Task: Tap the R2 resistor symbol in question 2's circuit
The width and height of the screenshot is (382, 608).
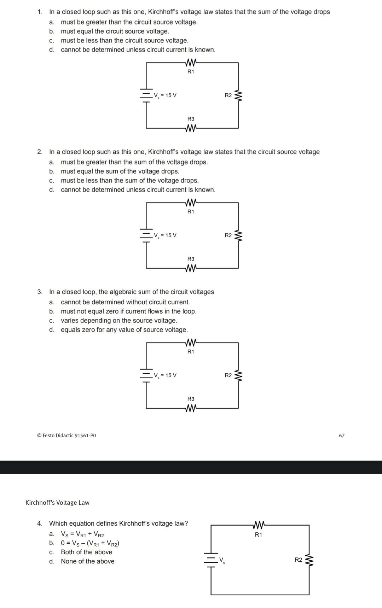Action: click(x=239, y=235)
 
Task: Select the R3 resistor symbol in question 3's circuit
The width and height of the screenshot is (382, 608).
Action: click(x=191, y=408)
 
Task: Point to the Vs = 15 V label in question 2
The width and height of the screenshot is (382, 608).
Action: click(x=165, y=235)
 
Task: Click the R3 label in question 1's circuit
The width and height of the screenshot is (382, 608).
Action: click(x=191, y=119)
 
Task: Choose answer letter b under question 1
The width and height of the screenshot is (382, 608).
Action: click(x=52, y=31)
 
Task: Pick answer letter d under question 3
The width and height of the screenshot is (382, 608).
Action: click(x=52, y=330)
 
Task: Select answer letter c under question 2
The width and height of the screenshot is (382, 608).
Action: click(x=52, y=181)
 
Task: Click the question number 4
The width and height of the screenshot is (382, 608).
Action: click(x=40, y=524)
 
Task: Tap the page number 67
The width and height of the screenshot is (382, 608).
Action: click(x=341, y=435)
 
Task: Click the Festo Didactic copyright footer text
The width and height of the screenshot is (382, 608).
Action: click(x=66, y=435)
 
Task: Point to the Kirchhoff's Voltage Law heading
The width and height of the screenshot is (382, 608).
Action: click(x=57, y=503)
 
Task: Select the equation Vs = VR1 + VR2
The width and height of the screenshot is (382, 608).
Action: click(x=82, y=534)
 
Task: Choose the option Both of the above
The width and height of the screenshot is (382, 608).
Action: click(x=86, y=552)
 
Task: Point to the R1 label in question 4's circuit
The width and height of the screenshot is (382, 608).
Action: click(x=259, y=535)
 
